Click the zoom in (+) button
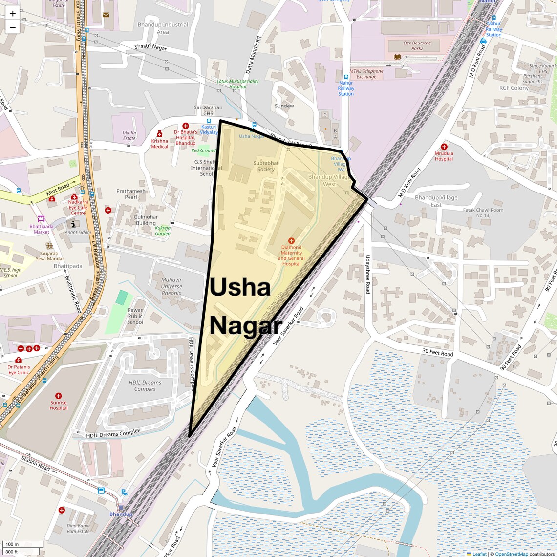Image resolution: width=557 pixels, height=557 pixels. coord(13,14)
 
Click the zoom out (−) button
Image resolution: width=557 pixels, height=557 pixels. coord(13,27)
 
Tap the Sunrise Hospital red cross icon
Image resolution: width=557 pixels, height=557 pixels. coord(59,396)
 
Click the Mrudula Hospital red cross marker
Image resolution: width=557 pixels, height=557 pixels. coord(444,147)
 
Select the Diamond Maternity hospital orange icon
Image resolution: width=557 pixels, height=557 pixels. coord(291,241)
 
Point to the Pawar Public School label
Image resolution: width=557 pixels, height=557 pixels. coord(135,316)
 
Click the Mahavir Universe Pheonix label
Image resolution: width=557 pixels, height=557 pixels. coord(171,287)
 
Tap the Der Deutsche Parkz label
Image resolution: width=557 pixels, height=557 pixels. coord(417,46)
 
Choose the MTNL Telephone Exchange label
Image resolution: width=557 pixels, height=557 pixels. coord(366,74)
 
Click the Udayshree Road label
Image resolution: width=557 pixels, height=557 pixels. coord(368,274)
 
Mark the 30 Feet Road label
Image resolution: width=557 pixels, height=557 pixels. coord(437,353)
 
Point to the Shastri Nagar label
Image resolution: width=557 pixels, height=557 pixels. coord(150,47)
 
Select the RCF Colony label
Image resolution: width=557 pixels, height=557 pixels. coord(514,88)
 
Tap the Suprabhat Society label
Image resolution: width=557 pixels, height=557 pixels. coord(266,166)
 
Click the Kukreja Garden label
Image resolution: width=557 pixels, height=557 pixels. coord(163,231)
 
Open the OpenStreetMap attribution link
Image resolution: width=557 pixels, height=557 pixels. coord(511,554)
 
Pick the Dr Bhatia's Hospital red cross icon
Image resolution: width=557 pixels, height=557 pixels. coord(185,126)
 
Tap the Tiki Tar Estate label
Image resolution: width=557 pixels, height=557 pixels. coord(129,135)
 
